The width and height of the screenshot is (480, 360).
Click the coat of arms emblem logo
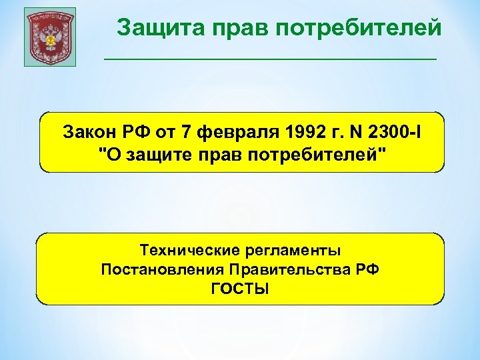tap(50, 37)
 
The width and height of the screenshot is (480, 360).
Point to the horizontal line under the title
tap(270, 59)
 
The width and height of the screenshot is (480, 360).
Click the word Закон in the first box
tap(86, 131)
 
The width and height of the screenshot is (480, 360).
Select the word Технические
tap(181, 250)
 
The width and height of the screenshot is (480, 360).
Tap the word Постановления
tap(162, 269)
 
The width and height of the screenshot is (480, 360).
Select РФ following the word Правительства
tap(368, 269)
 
